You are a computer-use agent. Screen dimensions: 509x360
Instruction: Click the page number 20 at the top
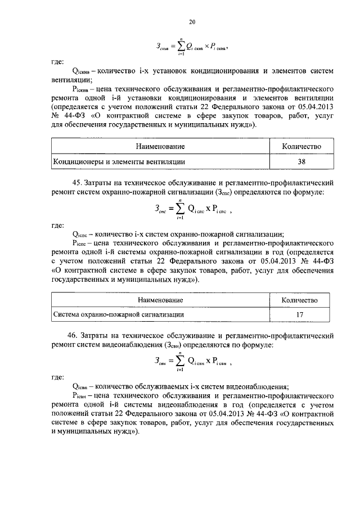click(191, 22)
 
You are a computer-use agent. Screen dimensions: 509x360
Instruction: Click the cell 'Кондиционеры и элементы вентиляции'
click(119, 162)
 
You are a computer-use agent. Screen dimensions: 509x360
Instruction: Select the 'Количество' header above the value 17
click(300, 300)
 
